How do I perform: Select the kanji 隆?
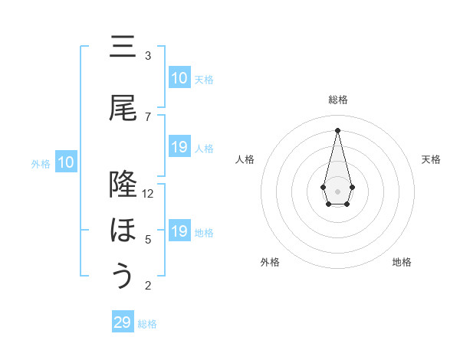tap(123, 185)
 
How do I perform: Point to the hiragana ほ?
tap(123, 231)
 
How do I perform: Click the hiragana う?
tap(123, 276)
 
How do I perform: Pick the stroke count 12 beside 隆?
tap(149, 193)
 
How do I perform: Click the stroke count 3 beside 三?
tap(148, 55)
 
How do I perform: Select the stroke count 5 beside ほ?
tap(148, 239)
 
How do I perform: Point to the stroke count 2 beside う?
tap(148, 286)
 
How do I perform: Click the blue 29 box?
tap(123, 322)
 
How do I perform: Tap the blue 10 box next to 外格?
tap(66, 162)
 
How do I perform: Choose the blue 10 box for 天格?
tap(179, 78)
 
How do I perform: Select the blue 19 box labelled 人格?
tap(179, 147)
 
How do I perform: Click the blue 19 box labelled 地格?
tap(179, 231)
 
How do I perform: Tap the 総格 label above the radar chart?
tap(337, 100)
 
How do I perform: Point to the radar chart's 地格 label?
tap(402, 263)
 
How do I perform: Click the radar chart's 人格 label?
tap(245, 159)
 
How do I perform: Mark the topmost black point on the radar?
tap(337, 130)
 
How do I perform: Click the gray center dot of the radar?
tap(337, 190)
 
